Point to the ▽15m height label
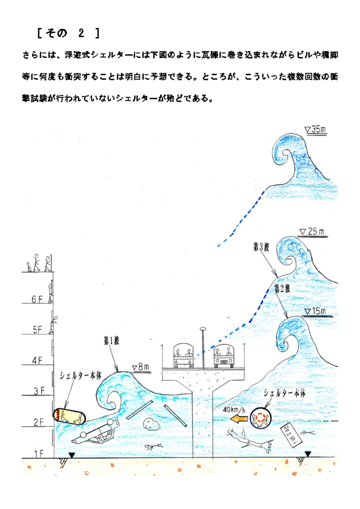[316, 312]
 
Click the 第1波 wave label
[112, 341]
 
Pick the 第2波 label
[283, 288]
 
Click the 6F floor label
[37, 299]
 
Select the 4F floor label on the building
[37, 361]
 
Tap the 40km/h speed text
[234, 409]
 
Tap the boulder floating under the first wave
[153, 424]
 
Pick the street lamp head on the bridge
[203, 329]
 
